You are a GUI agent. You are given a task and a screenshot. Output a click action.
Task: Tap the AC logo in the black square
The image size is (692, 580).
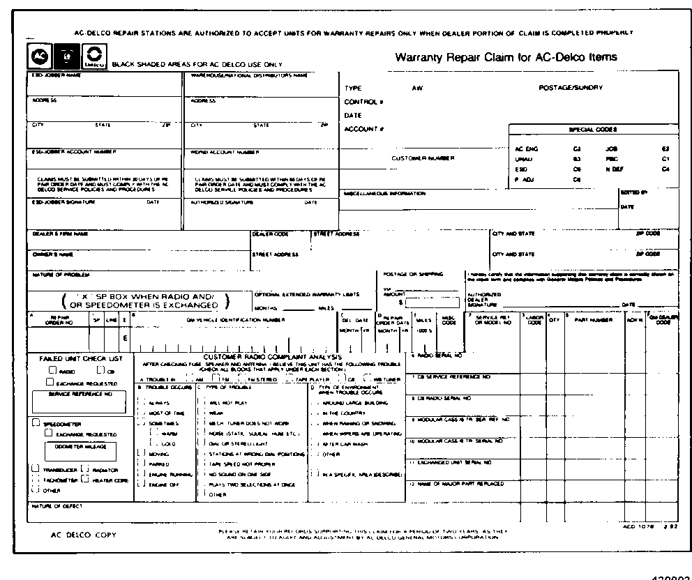point(40,56)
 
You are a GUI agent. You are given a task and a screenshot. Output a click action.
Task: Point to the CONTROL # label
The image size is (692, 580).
point(363,102)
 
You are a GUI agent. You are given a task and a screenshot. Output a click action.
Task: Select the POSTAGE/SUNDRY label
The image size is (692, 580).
point(571,88)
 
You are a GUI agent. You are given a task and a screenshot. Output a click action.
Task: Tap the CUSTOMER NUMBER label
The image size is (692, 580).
point(423,158)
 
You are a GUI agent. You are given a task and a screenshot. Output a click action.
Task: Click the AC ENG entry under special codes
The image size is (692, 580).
point(527,149)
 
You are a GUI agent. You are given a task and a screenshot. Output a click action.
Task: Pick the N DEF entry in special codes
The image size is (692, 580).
point(615,169)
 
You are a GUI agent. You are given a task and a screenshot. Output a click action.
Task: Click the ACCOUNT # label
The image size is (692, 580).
point(364,129)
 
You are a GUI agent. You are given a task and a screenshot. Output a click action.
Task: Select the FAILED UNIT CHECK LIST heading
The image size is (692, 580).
point(81,358)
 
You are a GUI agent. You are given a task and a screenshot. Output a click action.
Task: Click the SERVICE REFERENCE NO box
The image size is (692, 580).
point(80,402)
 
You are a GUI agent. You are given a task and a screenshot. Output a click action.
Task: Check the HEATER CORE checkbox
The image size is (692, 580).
point(86,479)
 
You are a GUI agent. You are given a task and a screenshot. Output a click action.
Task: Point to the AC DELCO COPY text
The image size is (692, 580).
point(84,535)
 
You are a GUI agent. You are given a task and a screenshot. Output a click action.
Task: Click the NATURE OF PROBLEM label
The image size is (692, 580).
point(52,275)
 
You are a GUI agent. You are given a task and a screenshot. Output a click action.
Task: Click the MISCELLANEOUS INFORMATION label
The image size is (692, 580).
point(384,193)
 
